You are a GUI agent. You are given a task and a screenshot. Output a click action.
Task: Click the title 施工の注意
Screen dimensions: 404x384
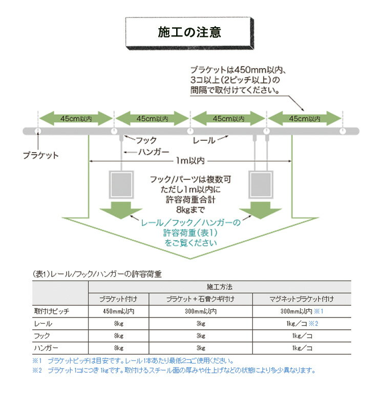[189, 32]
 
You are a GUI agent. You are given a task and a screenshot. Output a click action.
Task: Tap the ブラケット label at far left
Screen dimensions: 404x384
[41, 155]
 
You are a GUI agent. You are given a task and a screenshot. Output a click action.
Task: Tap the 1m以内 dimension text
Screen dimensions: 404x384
[190, 161]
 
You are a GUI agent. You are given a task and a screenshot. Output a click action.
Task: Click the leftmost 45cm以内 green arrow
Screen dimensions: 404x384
[76, 118]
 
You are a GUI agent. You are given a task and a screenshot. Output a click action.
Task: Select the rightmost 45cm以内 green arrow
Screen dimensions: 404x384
[305, 118]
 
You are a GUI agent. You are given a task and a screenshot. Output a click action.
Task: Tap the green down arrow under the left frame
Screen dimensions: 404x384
[121, 210]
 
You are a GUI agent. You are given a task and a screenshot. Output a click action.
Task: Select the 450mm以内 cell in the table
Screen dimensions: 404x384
[119, 311]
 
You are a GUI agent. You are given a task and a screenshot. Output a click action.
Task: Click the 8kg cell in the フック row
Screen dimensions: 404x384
[119, 336]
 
